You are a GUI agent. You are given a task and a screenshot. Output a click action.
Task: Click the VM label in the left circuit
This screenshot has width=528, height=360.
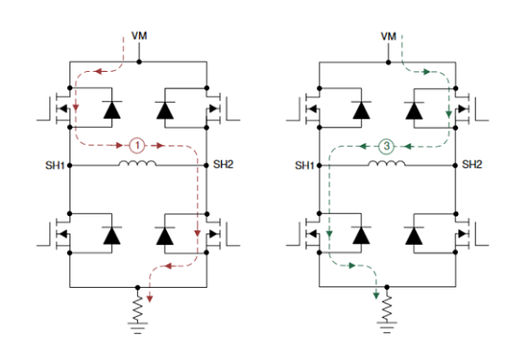click(139, 36)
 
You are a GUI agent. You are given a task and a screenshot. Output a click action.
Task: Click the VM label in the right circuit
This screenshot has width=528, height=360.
click(388, 36)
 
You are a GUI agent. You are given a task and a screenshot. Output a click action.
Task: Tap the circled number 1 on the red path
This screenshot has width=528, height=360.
click(138, 146)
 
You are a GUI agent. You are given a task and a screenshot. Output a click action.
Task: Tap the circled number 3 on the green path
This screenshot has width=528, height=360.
click(386, 146)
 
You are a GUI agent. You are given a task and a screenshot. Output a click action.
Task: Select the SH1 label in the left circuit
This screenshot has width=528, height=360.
click(55, 165)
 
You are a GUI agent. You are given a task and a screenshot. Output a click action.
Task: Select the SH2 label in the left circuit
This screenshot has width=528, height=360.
click(223, 165)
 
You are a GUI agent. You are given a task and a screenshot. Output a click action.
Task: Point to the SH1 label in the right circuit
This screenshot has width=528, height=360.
click(303, 165)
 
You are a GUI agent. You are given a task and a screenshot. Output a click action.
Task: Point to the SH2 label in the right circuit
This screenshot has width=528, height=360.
click(471, 165)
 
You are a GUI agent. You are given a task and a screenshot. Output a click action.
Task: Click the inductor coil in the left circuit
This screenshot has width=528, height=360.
click(138, 164)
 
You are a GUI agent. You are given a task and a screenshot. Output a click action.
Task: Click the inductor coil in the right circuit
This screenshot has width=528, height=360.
click(387, 164)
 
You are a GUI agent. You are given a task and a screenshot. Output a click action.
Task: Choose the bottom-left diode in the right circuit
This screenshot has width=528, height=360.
click(361, 234)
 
